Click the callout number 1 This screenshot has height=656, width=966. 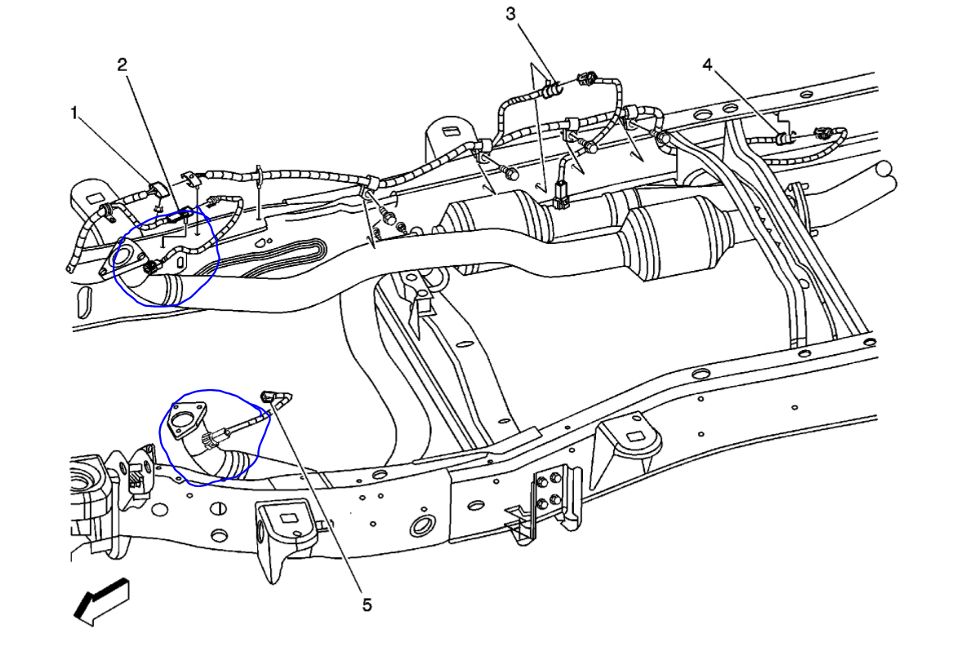click(x=73, y=113)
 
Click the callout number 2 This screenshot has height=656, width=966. click(x=122, y=64)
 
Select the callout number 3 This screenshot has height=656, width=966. click(x=510, y=14)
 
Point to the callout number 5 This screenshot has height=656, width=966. click(x=367, y=605)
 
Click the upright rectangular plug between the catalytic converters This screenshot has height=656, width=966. click(x=560, y=197)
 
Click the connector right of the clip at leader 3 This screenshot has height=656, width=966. click(x=585, y=80)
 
